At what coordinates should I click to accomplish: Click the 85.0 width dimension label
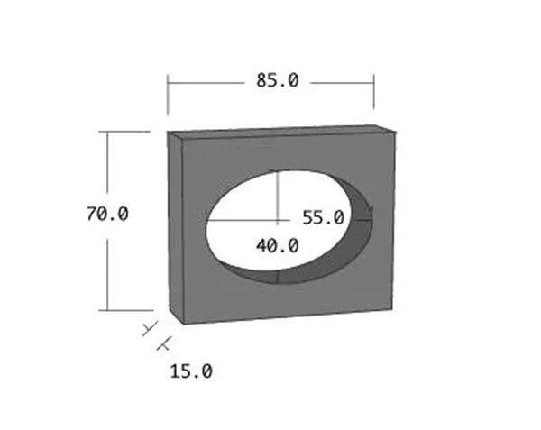276,80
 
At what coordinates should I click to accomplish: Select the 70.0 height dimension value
107,215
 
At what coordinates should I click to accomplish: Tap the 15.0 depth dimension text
190,370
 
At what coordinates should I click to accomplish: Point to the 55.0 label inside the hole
323,217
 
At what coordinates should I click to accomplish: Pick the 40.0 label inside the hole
276,244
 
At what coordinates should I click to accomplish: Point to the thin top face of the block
280,132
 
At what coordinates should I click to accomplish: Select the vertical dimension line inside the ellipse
278,194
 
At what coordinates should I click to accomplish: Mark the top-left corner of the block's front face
184,141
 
